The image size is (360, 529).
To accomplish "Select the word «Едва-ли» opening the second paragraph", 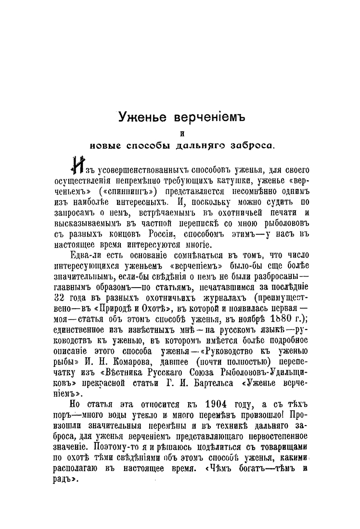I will [87, 255].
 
